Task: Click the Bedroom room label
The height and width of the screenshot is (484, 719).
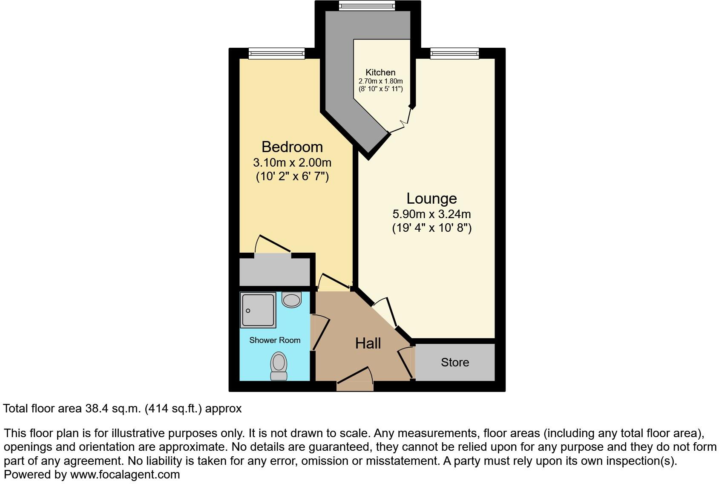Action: pos(292,147)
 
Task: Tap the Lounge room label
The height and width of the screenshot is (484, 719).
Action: pos(431,199)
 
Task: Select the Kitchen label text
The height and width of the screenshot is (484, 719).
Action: pos(380,72)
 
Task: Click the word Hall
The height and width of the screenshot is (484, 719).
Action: pos(368,343)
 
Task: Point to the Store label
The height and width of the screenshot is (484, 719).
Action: pos(455,363)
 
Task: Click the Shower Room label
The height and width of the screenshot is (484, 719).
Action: pos(275,340)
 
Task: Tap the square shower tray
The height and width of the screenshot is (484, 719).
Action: pos(258,310)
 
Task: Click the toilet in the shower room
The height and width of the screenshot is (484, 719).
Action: pos(279,366)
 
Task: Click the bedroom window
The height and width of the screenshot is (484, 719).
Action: pos(277,53)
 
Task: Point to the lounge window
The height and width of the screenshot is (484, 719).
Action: pos(454,53)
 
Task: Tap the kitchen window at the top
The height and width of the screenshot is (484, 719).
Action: pos(367,6)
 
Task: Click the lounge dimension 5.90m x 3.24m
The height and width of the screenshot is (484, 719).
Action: pos(431,214)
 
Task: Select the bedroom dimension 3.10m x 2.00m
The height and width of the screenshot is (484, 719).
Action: pos(292,163)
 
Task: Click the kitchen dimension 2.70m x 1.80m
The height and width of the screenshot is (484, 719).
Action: pos(380,81)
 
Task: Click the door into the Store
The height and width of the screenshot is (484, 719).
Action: pos(406,363)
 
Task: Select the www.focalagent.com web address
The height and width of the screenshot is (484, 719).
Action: pos(125,475)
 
